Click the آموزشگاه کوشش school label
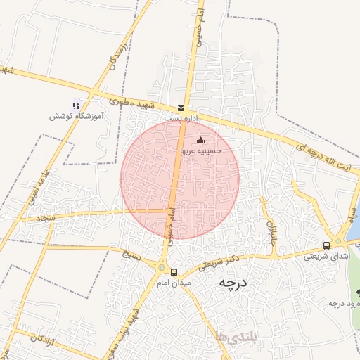(76, 116)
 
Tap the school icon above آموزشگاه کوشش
(77, 105)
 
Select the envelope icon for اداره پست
(182, 108)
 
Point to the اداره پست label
(179, 119)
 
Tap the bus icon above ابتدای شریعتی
(326, 245)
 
